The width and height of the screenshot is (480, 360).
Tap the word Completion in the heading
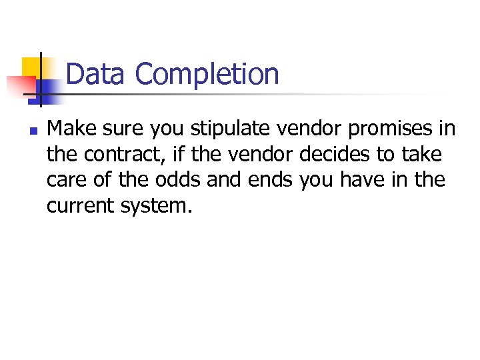[x=207, y=74]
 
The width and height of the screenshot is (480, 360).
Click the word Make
[x=69, y=128]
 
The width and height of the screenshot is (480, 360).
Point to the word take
[x=422, y=155]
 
